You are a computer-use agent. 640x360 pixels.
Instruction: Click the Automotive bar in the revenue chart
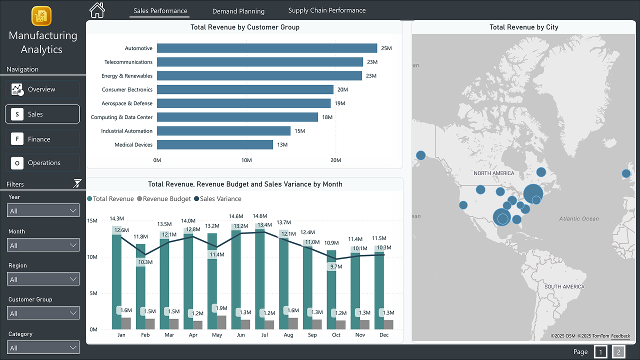click(266, 48)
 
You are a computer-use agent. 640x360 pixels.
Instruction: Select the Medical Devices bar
click(215, 144)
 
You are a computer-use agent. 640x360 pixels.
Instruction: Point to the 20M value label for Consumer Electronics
click(342, 89)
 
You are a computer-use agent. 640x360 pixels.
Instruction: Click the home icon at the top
click(97, 10)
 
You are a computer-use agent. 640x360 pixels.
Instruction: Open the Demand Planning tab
click(238, 11)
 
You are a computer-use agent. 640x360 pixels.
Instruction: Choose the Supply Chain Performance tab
click(326, 10)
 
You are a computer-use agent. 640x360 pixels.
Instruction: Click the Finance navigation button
click(42, 139)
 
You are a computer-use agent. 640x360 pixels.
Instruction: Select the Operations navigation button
click(42, 163)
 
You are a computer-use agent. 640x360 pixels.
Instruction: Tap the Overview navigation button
click(42, 89)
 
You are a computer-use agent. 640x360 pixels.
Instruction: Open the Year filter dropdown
click(43, 211)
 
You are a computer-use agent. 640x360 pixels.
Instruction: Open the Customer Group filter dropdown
click(43, 313)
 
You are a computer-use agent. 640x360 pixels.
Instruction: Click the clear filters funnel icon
click(77, 183)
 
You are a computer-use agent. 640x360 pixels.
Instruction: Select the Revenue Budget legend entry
click(164, 199)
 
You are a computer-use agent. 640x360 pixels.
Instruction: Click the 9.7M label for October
click(336, 266)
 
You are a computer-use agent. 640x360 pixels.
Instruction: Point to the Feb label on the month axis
click(145, 335)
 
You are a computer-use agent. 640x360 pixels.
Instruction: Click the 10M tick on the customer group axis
click(246, 160)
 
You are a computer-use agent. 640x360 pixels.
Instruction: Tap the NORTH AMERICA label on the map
click(493, 173)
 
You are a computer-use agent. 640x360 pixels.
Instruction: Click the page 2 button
click(618, 352)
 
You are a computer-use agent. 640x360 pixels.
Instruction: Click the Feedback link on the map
click(620, 336)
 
